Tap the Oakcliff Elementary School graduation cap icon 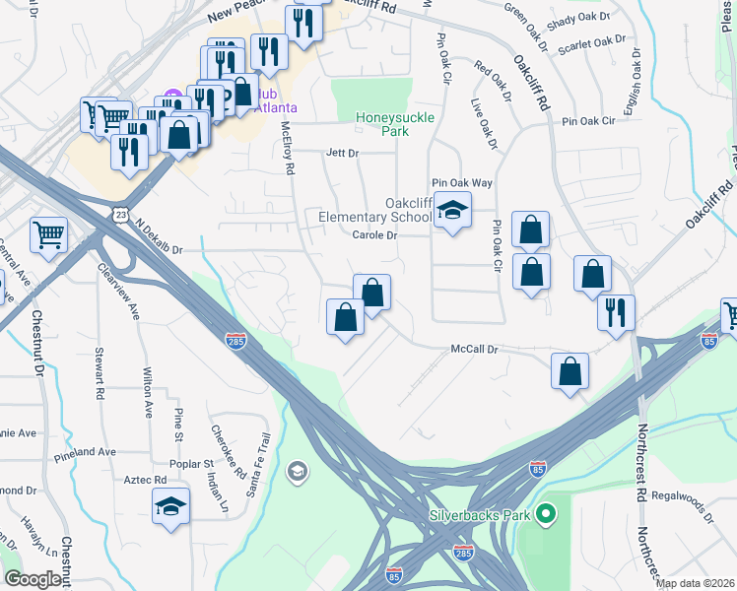(x=452, y=210)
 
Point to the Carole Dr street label (x=374, y=235)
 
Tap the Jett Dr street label (x=342, y=153)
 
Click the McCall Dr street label (x=476, y=350)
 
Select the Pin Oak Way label (x=462, y=183)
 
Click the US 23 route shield (x=120, y=213)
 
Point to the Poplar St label (x=193, y=463)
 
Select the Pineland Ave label (x=86, y=452)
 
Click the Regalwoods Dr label (x=681, y=501)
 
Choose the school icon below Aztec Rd (x=170, y=506)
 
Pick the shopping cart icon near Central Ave (x=48, y=233)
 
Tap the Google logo (x=34, y=579)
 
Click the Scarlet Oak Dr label (x=592, y=43)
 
